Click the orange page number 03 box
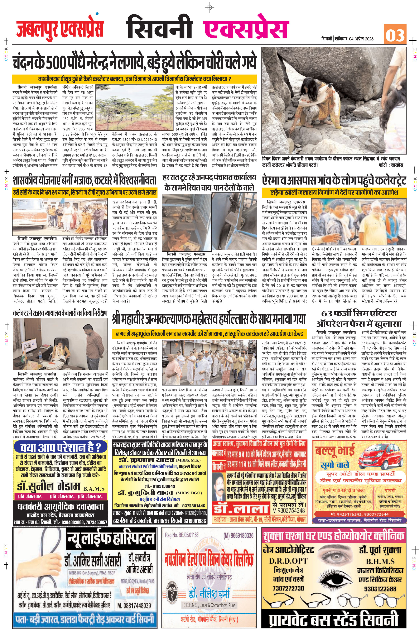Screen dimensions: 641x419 coord(395,34)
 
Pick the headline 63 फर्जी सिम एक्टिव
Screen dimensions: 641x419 coord(359,314)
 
